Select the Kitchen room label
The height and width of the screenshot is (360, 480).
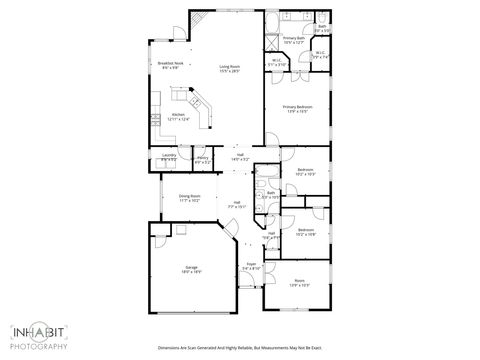[179, 118]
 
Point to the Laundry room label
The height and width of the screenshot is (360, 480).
[169, 157]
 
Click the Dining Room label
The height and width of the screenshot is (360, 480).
[190, 198]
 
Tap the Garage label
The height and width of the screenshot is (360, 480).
[191, 269]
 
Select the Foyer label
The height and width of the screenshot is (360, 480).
[251, 267]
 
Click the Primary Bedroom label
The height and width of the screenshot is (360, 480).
[297, 108]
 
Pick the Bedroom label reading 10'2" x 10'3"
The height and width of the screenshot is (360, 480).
[305, 172]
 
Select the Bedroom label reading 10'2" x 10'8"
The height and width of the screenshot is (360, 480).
[305, 234]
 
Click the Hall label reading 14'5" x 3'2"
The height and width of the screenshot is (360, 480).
[241, 157]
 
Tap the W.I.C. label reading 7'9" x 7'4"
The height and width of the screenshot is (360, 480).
[320, 55]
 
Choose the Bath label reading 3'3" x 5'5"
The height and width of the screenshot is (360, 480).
[321, 29]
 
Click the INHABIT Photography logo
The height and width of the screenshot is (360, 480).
[39, 336]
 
